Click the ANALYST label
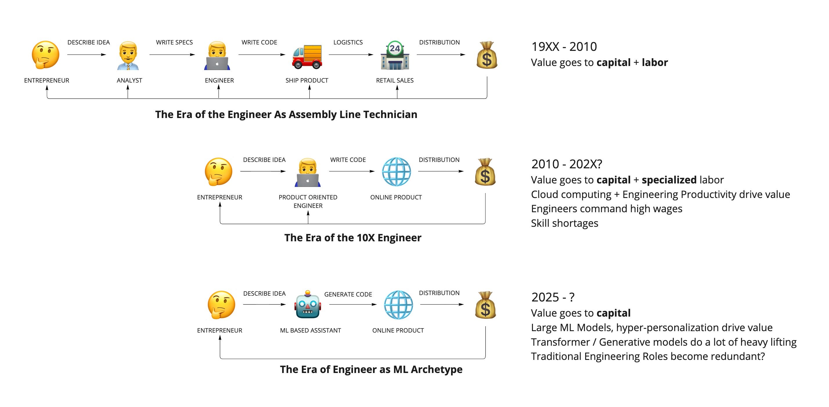[x=129, y=80]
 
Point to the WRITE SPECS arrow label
[x=174, y=42]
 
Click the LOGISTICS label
[x=348, y=42]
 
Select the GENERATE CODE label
[x=348, y=294]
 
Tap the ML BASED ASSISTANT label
[x=310, y=330]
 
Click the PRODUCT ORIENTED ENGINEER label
[x=308, y=201]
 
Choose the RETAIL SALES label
[x=394, y=80]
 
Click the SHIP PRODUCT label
[x=307, y=80]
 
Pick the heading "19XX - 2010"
[x=564, y=47]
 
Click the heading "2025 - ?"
[x=553, y=297]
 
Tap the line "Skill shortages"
[x=565, y=223]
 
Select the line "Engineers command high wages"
[x=606, y=208]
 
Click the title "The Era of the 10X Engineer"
[x=353, y=238]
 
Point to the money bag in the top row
[x=486, y=55]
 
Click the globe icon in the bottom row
[x=398, y=305]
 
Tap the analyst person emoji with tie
[x=128, y=56]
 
